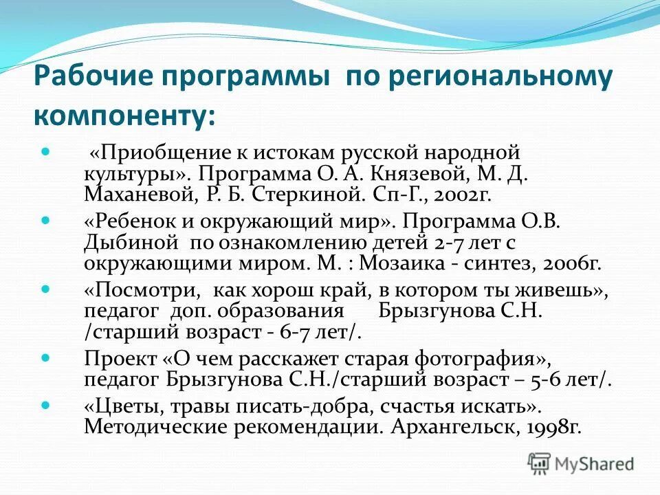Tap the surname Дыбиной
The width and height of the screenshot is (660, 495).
point(124,243)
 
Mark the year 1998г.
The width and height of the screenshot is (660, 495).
point(554,426)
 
